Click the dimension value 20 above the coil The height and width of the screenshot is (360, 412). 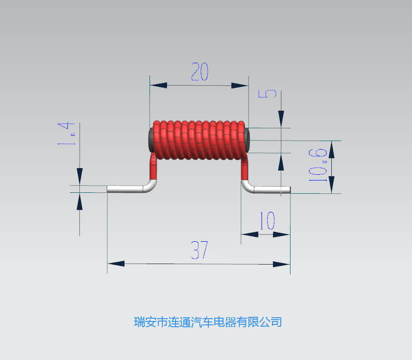(200, 72)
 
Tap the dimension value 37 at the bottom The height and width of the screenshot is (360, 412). (199, 250)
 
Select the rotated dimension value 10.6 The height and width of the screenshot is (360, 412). (318, 165)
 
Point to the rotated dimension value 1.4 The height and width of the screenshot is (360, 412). (66, 133)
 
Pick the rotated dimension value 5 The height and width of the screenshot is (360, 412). (268, 94)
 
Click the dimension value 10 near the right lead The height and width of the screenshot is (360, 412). (268, 220)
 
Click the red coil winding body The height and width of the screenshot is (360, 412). (199, 140)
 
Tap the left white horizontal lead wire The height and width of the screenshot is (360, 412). (129, 189)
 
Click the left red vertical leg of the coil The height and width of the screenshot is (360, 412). (153, 168)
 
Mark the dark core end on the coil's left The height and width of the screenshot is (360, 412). (151, 140)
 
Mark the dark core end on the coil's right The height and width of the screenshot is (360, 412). (247, 140)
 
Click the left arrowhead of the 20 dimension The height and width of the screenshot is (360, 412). (159, 85)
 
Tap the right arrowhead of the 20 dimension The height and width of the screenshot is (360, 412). (240, 86)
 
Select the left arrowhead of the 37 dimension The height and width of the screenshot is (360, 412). (116, 264)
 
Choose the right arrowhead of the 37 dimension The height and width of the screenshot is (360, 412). (281, 264)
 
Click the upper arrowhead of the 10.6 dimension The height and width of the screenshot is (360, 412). (332, 149)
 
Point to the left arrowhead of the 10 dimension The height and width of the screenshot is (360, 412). (250, 234)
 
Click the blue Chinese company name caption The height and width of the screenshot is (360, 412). (207, 322)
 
